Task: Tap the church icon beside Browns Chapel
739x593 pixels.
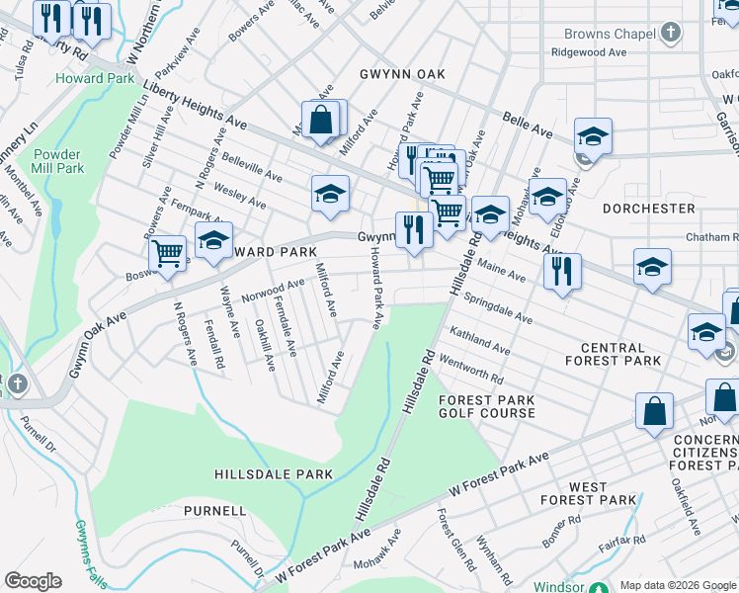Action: [x=670, y=34]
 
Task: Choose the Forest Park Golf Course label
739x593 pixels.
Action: [x=487, y=406]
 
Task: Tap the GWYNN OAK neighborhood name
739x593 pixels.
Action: [x=402, y=74]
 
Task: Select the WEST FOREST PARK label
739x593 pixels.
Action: [x=588, y=493]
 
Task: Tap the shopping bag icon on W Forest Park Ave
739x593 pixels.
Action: [x=654, y=411]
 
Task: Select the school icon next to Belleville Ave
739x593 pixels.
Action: [x=331, y=193]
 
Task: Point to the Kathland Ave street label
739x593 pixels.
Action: [x=480, y=342]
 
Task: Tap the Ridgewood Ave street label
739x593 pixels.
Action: [x=590, y=51]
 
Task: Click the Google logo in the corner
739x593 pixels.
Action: [x=34, y=581]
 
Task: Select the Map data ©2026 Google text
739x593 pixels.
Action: [x=678, y=585]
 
